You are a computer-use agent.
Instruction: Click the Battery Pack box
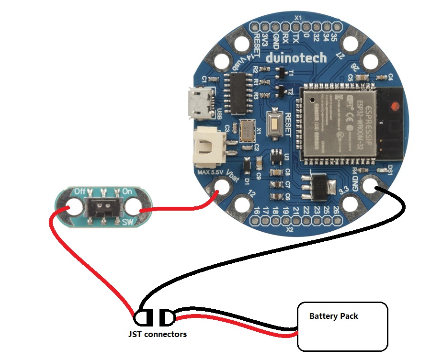click(342, 326)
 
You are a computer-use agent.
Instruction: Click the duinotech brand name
click(296, 58)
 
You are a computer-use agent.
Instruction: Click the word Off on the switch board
click(80, 191)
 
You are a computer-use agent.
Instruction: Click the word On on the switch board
click(127, 191)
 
